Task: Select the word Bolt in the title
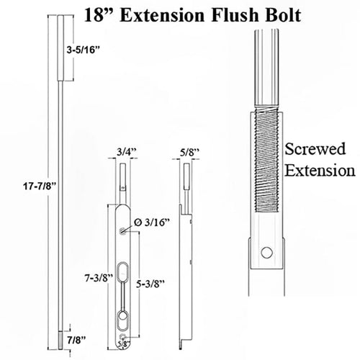coord(271,14)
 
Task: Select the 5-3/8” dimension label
coord(151,282)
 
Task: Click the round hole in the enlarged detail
coord(267,253)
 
